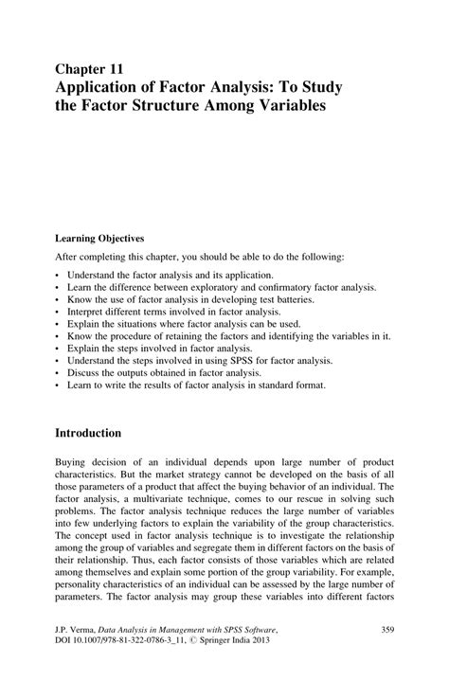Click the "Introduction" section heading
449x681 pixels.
click(88, 433)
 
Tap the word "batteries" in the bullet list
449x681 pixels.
click(319, 298)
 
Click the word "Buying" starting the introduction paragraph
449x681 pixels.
click(71, 463)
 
